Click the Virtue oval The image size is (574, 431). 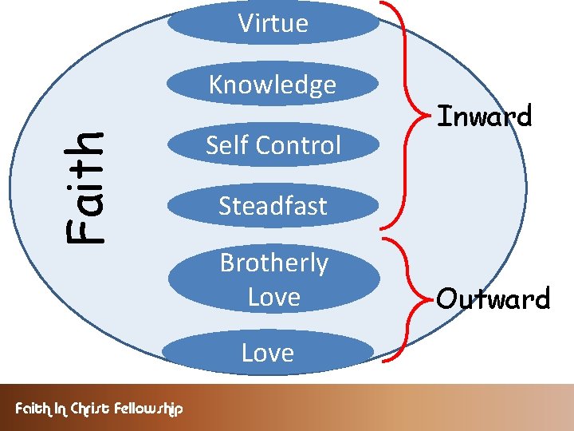pyautogui.click(x=273, y=23)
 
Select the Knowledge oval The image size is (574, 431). pyautogui.click(x=273, y=85)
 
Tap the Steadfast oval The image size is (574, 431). pyautogui.click(x=273, y=206)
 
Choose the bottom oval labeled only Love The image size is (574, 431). pyautogui.click(x=269, y=354)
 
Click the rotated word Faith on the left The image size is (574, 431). pyautogui.click(x=85, y=186)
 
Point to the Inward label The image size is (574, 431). pyautogui.click(x=484, y=117)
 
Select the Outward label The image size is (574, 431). pyautogui.click(x=493, y=299)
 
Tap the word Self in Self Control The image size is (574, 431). pyautogui.click(x=224, y=145)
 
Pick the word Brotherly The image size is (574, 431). pyautogui.click(x=273, y=263)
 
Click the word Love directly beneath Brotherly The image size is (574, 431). pyautogui.click(x=273, y=297)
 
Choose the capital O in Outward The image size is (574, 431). pyautogui.click(x=446, y=300)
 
